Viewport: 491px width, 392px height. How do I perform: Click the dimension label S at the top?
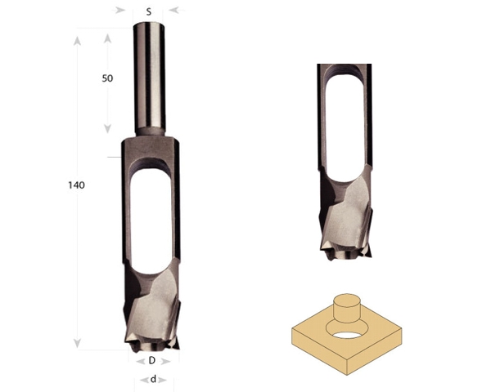pos(149,12)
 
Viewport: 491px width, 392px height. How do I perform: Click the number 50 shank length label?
pos(107,78)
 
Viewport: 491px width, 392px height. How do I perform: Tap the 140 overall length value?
pos(76,185)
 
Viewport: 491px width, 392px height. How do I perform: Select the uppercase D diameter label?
pos(152,361)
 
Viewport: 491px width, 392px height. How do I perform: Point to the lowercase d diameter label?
pos(153,380)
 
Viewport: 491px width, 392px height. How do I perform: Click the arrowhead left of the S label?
pos(120,11)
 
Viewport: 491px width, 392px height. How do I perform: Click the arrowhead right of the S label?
pos(174,11)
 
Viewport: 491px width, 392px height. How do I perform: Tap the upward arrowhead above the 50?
pos(108,38)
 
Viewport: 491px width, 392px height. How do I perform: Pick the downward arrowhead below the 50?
pos(108,128)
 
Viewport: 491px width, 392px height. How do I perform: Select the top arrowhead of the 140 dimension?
pos(78,41)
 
